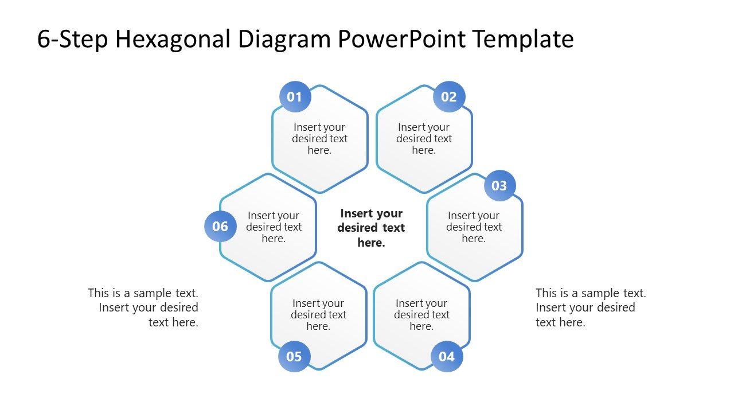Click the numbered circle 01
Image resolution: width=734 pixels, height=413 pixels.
click(x=295, y=97)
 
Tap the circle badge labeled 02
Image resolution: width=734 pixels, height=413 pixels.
click(x=449, y=97)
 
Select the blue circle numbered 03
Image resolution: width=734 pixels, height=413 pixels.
click(x=499, y=186)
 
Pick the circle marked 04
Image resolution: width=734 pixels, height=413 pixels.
click(x=447, y=356)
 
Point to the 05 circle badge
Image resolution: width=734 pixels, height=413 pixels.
click(x=294, y=356)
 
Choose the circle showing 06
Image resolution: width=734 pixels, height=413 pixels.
click(x=220, y=226)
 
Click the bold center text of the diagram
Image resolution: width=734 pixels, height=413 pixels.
click(x=371, y=228)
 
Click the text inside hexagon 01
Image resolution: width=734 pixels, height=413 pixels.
click(x=319, y=139)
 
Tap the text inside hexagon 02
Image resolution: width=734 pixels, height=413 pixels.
click(x=424, y=139)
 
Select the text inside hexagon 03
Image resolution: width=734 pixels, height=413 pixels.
click(x=474, y=227)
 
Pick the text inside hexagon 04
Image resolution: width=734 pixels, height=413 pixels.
click(x=421, y=315)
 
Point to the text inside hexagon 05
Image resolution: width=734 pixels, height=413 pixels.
click(x=318, y=315)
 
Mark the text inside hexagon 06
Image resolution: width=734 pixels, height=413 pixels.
click(x=274, y=227)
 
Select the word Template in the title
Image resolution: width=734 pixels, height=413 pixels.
click(x=523, y=39)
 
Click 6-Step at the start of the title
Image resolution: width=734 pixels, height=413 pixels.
click(x=73, y=39)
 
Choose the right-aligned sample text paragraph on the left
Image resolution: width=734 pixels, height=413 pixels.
click(x=143, y=307)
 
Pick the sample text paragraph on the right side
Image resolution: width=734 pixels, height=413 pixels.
click(x=591, y=307)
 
